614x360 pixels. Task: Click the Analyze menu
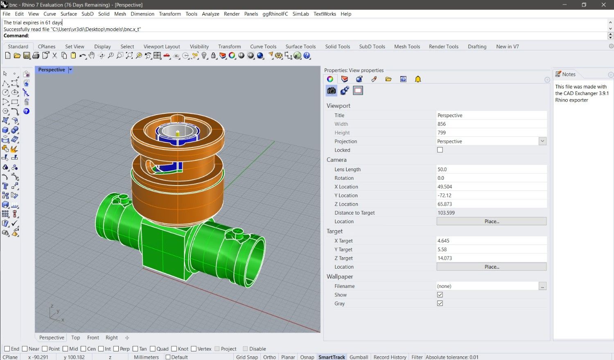[x=210, y=14]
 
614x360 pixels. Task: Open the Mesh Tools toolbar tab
[x=407, y=47]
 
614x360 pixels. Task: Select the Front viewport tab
[x=93, y=338]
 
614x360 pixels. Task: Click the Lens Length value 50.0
[x=491, y=170]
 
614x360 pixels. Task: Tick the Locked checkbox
[x=440, y=150]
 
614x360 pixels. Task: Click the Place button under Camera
[x=491, y=222]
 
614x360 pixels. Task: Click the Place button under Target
[x=491, y=267]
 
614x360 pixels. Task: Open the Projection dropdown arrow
[x=542, y=141]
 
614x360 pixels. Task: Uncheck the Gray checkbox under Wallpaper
[x=440, y=303]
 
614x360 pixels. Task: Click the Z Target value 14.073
[x=491, y=258]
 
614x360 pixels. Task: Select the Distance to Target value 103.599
[x=491, y=213]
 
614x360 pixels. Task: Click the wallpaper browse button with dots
[x=542, y=286]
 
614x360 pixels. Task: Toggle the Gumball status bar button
[x=359, y=357]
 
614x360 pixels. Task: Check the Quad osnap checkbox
[x=153, y=349]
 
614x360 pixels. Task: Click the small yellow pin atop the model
[x=178, y=133]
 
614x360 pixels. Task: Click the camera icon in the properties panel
[x=331, y=91]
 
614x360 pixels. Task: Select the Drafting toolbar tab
[x=477, y=47]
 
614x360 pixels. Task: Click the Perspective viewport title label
[x=52, y=70]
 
